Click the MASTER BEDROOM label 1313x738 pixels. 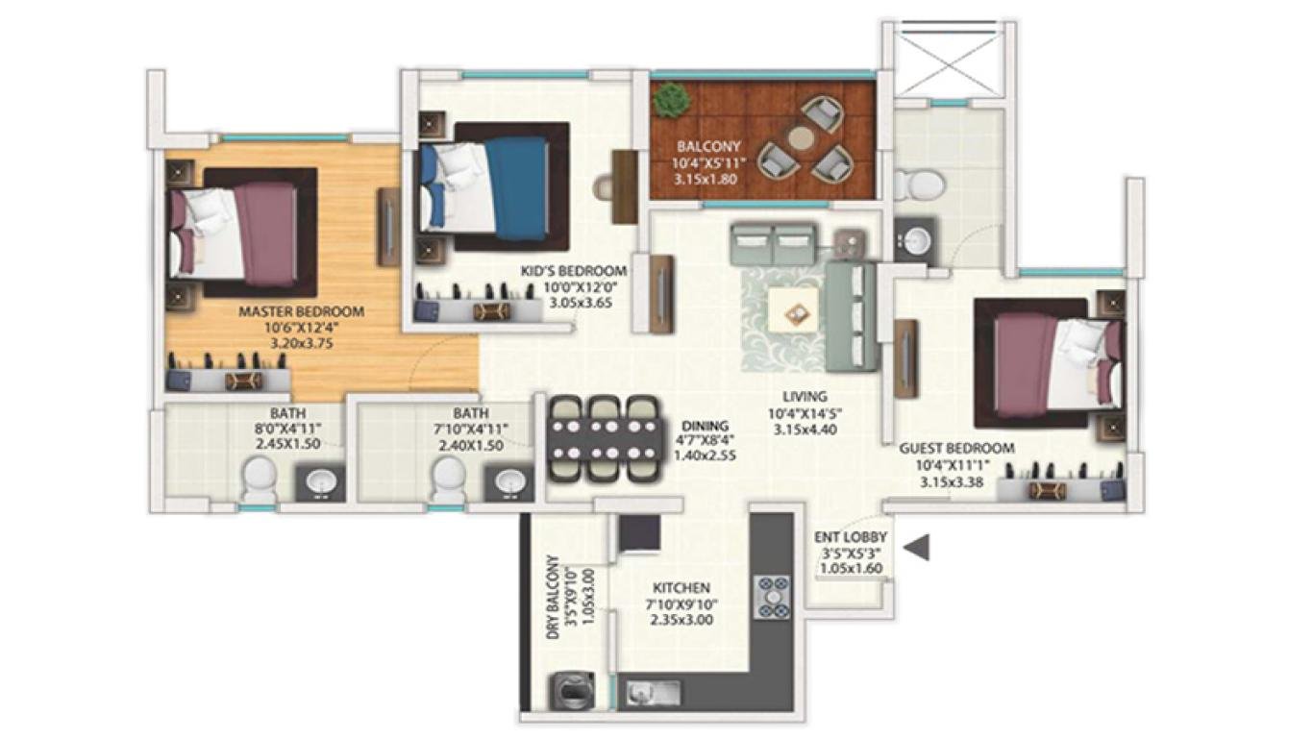(301, 311)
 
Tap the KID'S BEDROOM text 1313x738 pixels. (573, 271)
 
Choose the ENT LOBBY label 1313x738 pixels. (851, 537)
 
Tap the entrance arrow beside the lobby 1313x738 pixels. (919, 548)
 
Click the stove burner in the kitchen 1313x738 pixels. (773, 596)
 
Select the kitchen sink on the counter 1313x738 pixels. (654, 691)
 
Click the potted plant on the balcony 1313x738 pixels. (672, 98)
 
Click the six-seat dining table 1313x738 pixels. (603, 438)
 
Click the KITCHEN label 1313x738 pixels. (681, 587)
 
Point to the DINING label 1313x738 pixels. (705, 425)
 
